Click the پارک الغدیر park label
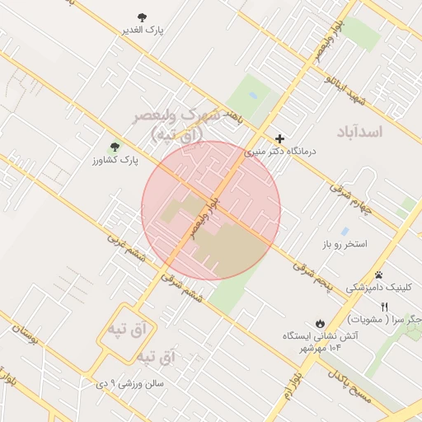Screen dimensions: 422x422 (143, 30)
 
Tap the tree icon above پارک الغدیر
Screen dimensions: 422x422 (143, 16)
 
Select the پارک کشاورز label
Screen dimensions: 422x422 (115, 160)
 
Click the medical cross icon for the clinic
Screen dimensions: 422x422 (280, 138)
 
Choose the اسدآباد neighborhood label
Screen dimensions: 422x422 (361, 132)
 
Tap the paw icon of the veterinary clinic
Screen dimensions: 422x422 (378, 274)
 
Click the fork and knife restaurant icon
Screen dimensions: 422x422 (383, 306)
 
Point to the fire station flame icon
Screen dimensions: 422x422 (320, 323)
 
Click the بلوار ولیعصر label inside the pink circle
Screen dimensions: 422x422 (204, 216)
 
